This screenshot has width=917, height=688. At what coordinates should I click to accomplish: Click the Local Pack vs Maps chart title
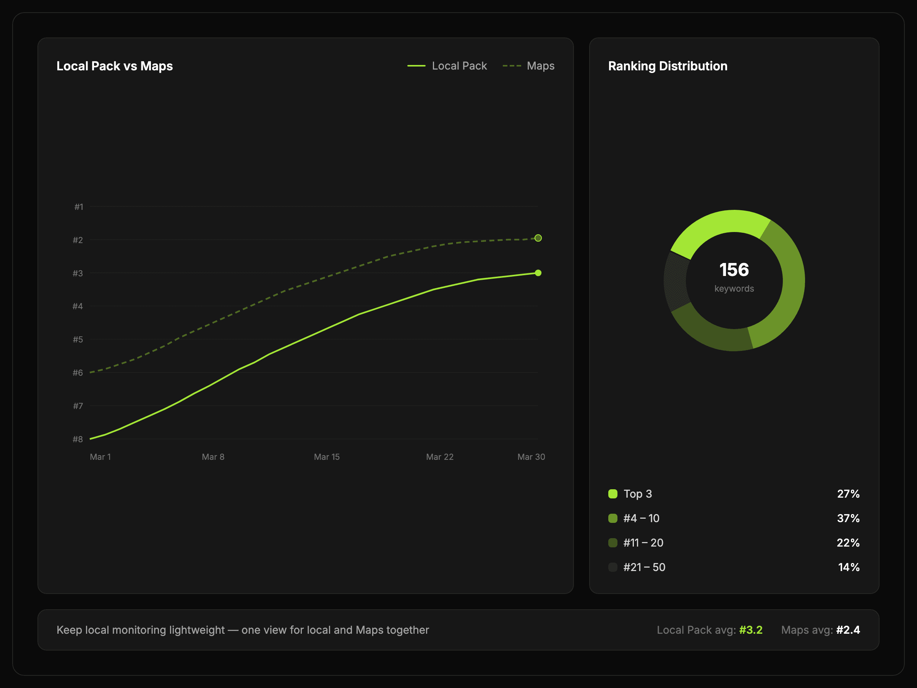(114, 66)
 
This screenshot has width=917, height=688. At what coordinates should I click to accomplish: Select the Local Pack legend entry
(447, 66)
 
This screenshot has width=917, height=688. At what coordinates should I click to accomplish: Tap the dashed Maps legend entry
(528, 66)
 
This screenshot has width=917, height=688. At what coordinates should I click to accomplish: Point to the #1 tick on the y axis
(79, 206)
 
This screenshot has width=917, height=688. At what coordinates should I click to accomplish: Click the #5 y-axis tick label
(78, 339)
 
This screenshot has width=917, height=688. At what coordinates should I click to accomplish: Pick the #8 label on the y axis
(78, 439)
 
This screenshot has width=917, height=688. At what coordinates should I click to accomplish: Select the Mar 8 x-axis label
(213, 457)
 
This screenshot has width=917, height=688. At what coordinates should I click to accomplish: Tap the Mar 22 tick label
(440, 457)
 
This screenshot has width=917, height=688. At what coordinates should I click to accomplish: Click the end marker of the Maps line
(538, 238)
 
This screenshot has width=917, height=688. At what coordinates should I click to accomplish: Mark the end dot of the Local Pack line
(538, 273)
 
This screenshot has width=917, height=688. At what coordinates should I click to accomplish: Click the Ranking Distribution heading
(667, 66)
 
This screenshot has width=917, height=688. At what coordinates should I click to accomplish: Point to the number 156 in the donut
(734, 269)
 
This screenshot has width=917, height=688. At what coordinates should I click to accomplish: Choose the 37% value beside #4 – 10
(848, 518)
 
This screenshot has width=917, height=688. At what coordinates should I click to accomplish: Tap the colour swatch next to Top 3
(613, 494)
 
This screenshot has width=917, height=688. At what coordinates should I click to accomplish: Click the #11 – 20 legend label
(643, 542)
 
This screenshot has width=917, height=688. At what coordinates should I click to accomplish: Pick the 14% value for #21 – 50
(849, 567)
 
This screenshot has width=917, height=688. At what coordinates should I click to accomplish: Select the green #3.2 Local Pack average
(751, 630)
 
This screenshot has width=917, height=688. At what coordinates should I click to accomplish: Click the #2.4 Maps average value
(848, 630)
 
